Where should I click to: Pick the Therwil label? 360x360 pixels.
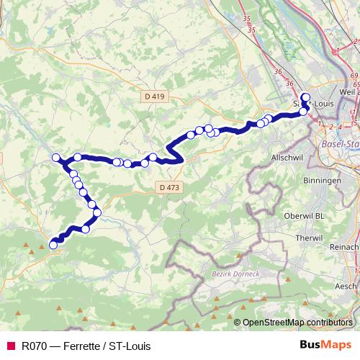(x=328, y=238)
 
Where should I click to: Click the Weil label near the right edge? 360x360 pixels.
(x=348, y=92)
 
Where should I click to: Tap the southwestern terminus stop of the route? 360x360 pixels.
(x=53, y=246)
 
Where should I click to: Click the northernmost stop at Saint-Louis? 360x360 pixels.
(x=305, y=97)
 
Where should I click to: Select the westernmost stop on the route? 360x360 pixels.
(x=55, y=158)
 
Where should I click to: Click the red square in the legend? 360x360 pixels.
(x=10, y=346)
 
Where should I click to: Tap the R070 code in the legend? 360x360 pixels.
(x=35, y=346)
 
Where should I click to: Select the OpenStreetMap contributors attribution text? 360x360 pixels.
(x=297, y=323)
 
